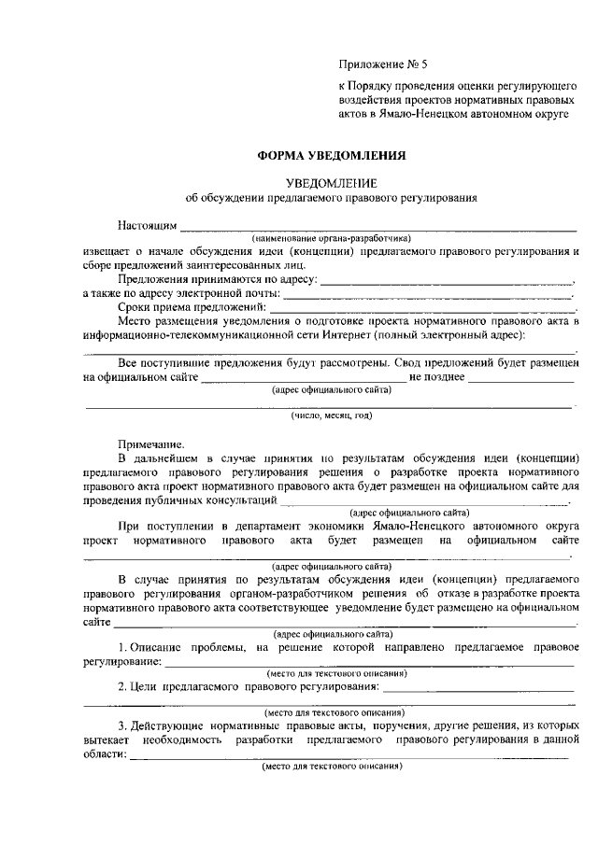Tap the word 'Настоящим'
tap(146, 226)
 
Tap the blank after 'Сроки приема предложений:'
tap(423, 307)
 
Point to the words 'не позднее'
tap(437, 376)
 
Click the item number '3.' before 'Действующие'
tap(121, 725)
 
